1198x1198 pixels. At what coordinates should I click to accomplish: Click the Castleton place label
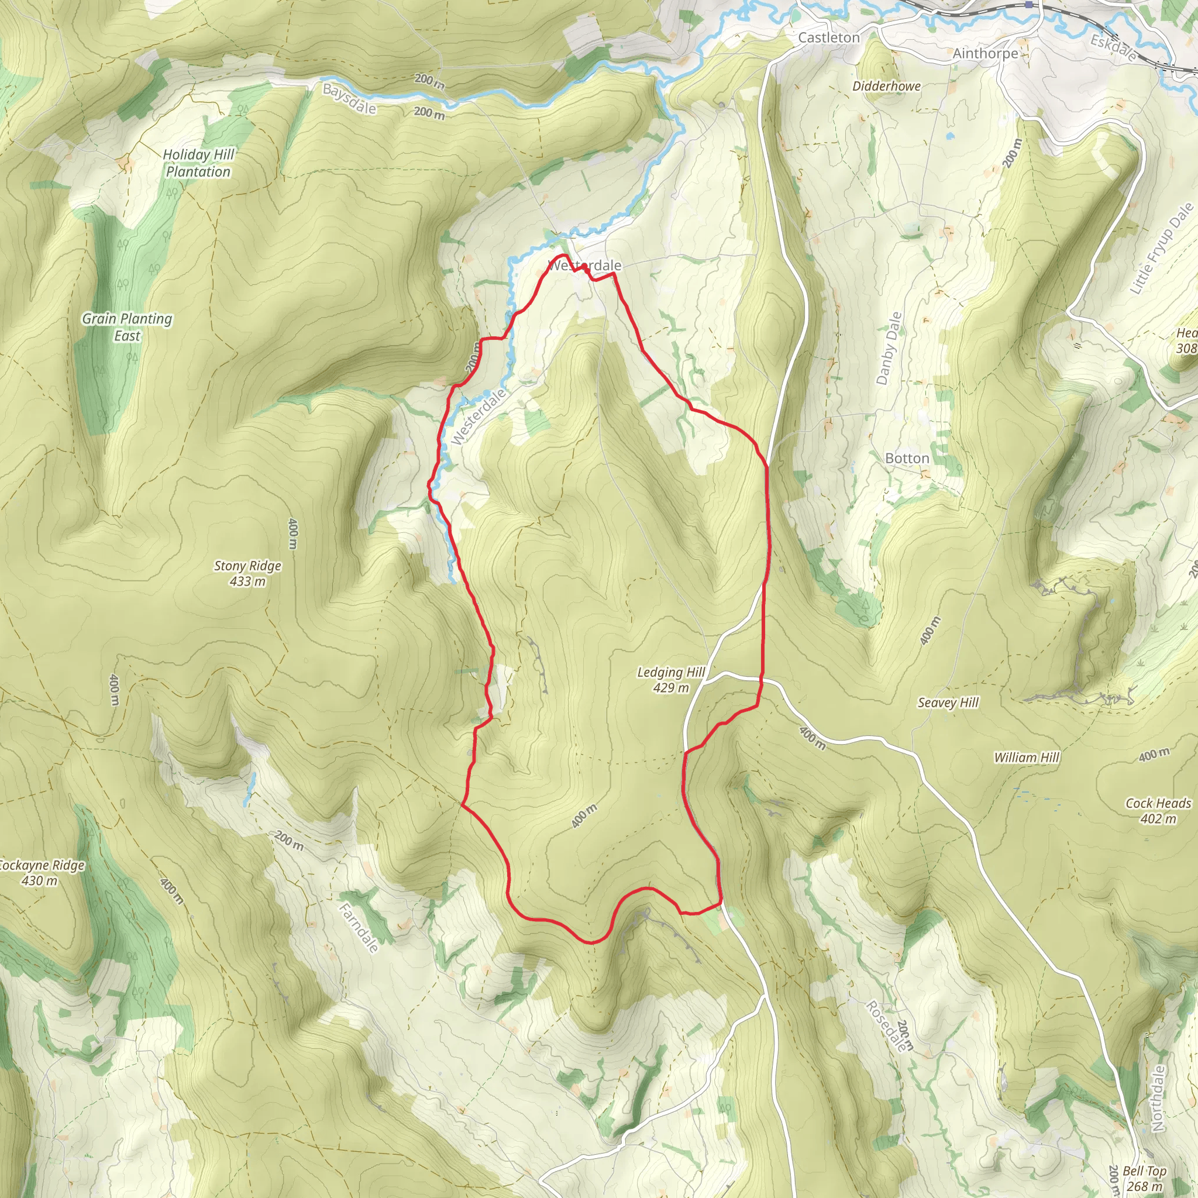click(x=828, y=38)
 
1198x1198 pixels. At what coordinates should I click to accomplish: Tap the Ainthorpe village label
click(x=984, y=53)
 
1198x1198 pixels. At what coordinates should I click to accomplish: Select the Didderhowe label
click(x=886, y=86)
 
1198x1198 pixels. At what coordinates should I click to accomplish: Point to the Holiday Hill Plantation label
click(x=198, y=163)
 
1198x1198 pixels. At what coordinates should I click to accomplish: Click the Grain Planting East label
click(x=127, y=327)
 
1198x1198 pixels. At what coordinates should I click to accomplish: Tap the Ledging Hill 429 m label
click(x=671, y=680)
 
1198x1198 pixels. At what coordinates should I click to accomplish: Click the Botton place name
click(x=907, y=458)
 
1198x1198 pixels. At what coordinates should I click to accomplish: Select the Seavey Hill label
click(x=948, y=703)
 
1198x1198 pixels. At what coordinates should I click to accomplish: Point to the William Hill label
click(x=1026, y=757)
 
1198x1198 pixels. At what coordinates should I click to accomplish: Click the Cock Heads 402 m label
click(x=1158, y=810)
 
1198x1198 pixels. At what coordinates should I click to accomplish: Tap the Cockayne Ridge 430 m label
click(x=41, y=872)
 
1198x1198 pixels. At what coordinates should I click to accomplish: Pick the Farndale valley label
click(x=359, y=928)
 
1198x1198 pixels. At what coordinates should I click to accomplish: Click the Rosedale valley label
click(x=886, y=1026)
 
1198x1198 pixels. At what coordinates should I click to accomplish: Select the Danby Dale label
click(x=889, y=348)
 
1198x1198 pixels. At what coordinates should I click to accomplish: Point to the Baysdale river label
click(x=349, y=99)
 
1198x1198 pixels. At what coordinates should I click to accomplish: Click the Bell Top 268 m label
click(x=1145, y=1178)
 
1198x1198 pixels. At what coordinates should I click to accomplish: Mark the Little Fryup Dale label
click(x=1161, y=248)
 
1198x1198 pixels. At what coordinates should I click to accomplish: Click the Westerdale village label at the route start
click(x=586, y=266)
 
